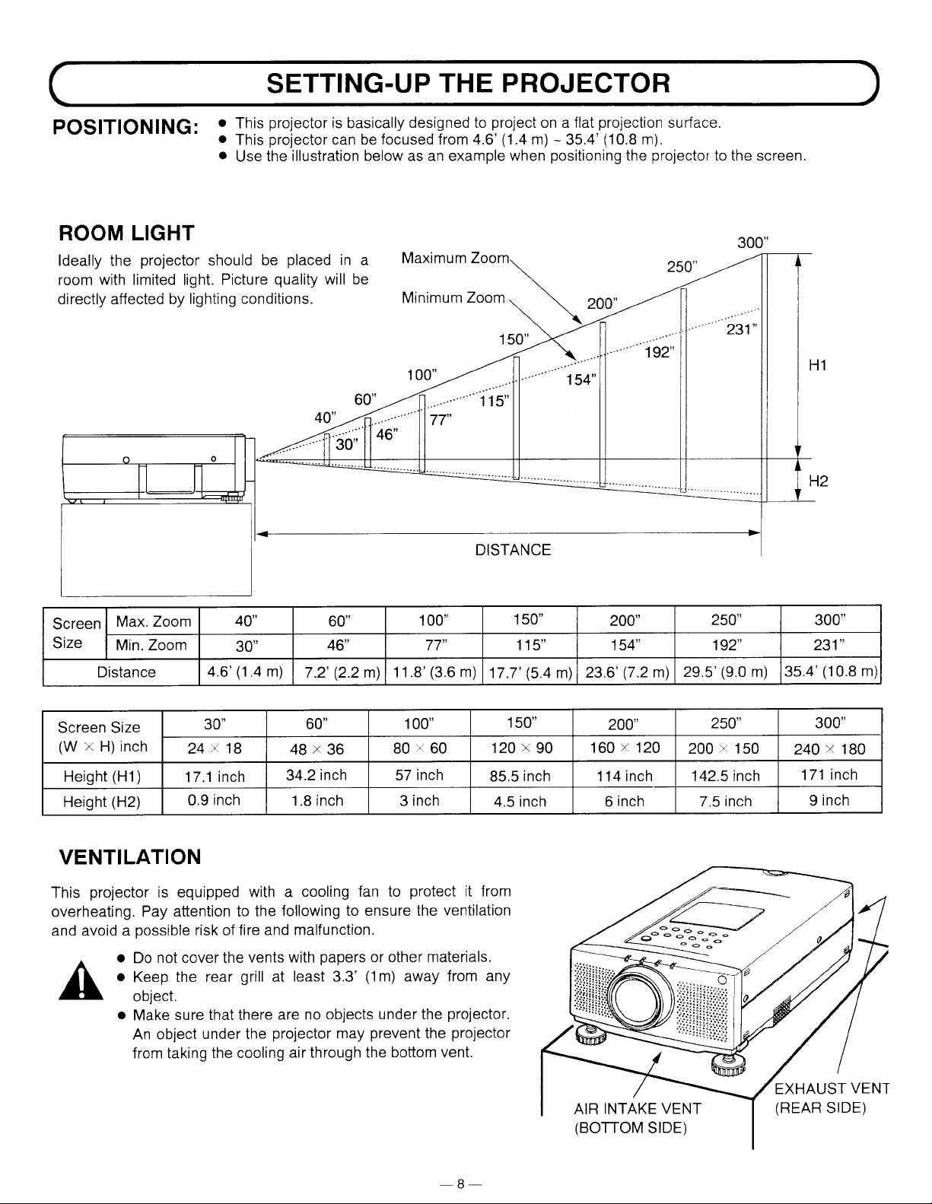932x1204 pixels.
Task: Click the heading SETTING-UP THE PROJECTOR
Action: tap(468, 83)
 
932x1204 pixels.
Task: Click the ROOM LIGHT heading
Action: tap(126, 233)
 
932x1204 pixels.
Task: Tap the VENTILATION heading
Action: tap(129, 856)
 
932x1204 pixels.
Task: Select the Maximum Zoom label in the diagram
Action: tap(456, 258)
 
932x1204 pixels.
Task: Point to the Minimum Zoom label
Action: tap(453, 298)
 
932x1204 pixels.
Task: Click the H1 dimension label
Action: tap(818, 365)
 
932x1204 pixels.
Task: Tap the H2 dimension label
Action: tap(819, 481)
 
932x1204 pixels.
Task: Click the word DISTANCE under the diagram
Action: tap(513, 550)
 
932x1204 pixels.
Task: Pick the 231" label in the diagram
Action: tap(741, 330)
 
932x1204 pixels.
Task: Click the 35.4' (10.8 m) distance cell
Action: tap(831, 672)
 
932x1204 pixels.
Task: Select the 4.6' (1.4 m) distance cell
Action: tap(245, 672)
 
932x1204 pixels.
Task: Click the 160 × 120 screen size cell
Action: tap(625, 748)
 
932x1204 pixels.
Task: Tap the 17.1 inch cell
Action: tap(215, 777)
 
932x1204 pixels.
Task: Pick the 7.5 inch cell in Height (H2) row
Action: tap(725, 801)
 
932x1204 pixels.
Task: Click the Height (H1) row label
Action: tap(102, 777)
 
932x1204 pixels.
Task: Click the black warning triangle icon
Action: tap(81, 980)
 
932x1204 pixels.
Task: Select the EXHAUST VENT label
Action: tap(831, 1088)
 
